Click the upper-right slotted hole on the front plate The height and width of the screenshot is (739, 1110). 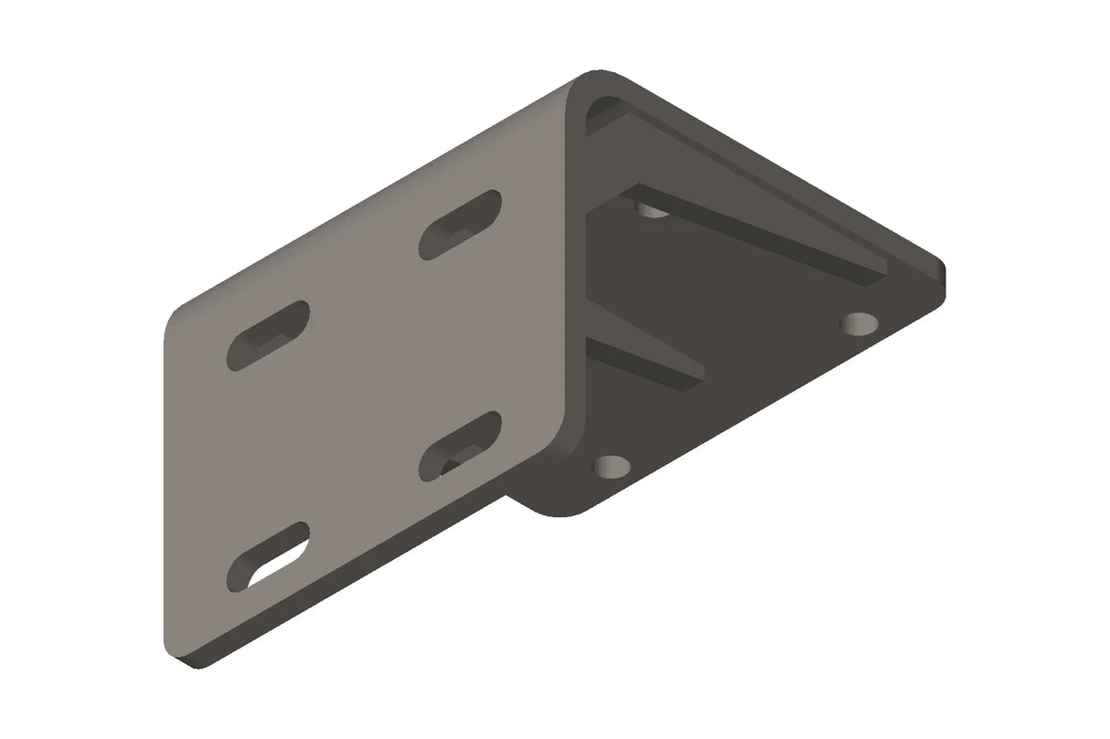460,225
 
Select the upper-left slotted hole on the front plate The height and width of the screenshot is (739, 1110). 268,334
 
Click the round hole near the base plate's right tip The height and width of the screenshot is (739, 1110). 859,322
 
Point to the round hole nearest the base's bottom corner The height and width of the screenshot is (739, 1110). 611,468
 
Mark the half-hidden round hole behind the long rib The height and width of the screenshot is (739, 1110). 651,211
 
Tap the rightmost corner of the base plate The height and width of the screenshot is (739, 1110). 942,268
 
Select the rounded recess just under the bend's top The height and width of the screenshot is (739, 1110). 602,112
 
